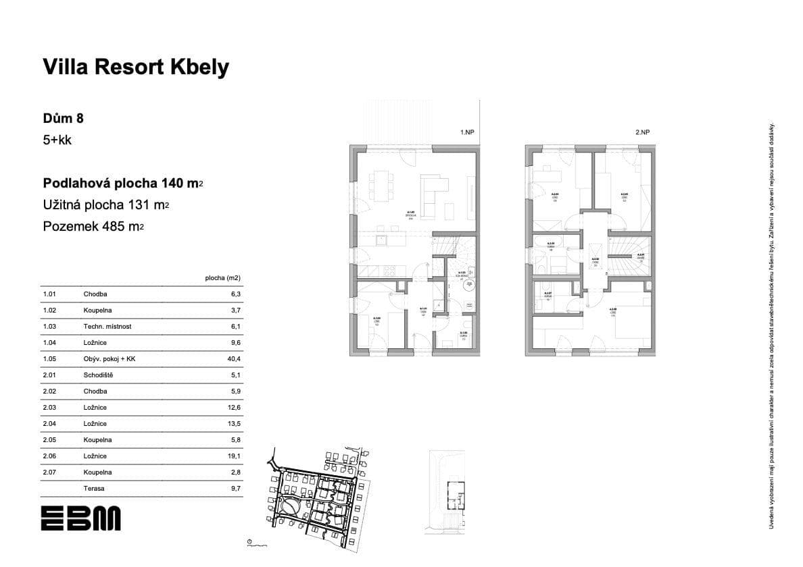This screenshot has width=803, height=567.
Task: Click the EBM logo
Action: coord(80,518)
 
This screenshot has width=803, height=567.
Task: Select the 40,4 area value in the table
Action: coord(234,359)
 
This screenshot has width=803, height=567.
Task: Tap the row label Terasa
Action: coord(94,489)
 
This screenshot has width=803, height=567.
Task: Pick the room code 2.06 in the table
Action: coord(49,456)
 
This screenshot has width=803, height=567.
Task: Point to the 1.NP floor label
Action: coord(467,133)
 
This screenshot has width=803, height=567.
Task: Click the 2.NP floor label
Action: coord(642,133)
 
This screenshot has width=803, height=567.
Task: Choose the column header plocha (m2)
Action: coord(222,277)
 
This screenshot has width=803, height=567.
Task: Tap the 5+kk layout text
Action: coord(57,141)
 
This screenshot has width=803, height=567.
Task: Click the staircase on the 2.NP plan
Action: coord(629,255)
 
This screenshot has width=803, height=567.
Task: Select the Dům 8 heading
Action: coord(64,118)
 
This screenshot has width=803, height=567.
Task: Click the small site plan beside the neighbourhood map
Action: coord(446,493)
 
